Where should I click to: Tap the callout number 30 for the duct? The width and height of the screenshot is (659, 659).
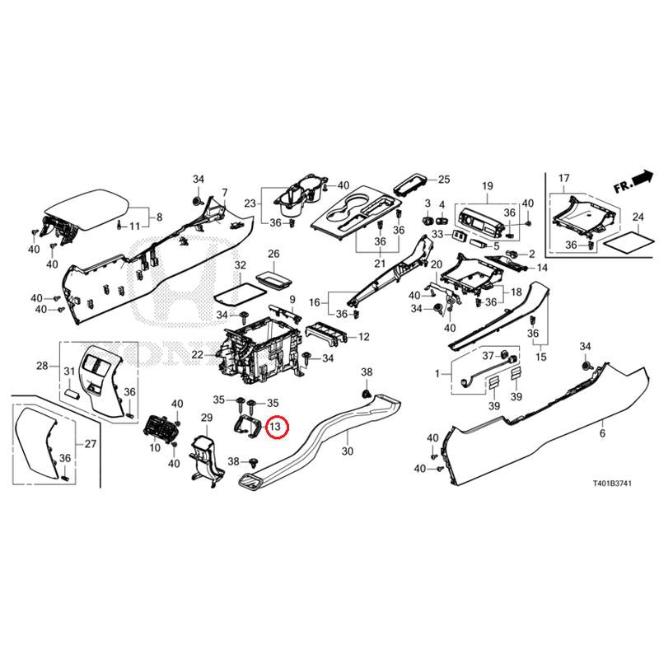[347, 451]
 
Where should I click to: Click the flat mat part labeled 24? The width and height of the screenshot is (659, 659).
[624, 241]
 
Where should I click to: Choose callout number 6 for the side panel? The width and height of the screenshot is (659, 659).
[602, 433]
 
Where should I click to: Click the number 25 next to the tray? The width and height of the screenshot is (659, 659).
[444, 179]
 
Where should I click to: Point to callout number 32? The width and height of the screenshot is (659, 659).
[241, 265]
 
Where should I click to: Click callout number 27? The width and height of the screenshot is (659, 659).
[91, 444]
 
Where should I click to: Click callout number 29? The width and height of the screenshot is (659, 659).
[207, 419]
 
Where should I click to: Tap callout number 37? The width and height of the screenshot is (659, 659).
[487, 356]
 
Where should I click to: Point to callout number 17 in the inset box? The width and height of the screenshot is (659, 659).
[564, 179]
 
